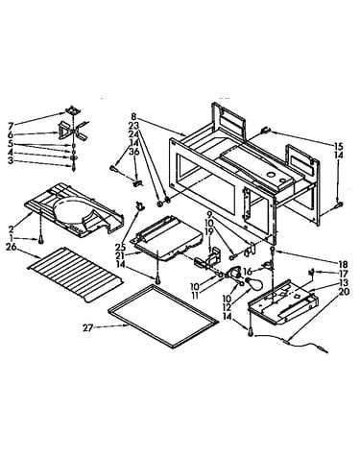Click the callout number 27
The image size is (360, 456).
pos(87,327)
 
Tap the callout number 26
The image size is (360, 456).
pos(11,247)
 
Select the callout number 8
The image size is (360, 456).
pos(133,116)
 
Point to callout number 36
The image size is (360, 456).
pos(134,152)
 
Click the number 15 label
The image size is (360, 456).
pos(338,147)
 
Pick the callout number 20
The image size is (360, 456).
pos(345,292)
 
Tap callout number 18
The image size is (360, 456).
pos(343,264)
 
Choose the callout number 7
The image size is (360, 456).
pos(11,124)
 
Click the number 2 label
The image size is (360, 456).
pos(12,229)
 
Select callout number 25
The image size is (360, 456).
pos(120,247)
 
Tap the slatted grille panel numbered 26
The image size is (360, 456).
pos(76,274)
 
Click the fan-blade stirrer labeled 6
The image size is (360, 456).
pos(73,132)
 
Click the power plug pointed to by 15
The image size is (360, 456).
pos(266,131)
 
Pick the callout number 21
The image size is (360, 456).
pos(120,255)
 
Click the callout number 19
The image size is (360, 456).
pos(209,232)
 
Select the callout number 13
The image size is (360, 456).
pos(345,282)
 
